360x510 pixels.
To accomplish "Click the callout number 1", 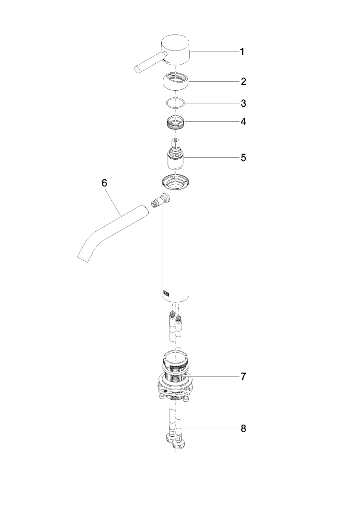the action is (x=242, y=51).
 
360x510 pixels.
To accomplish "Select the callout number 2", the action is (x=243, y=81).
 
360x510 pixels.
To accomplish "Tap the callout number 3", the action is (x=243, y=103).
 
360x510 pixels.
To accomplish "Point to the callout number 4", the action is (x=243, y=122).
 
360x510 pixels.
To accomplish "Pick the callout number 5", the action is (x=243, y=158).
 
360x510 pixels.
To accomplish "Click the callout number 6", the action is (x=104, y=183).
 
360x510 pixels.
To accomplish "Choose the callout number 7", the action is (x=243, y=377).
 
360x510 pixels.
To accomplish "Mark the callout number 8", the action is (x=243, y=429).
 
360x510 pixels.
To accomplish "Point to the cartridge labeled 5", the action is (x=176, y=154).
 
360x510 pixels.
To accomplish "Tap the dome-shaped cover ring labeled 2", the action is (x=176, y=81).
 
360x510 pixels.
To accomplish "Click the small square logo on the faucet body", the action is (x=166, y=293).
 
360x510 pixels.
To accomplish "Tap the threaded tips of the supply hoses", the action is (x=175, y=315).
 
